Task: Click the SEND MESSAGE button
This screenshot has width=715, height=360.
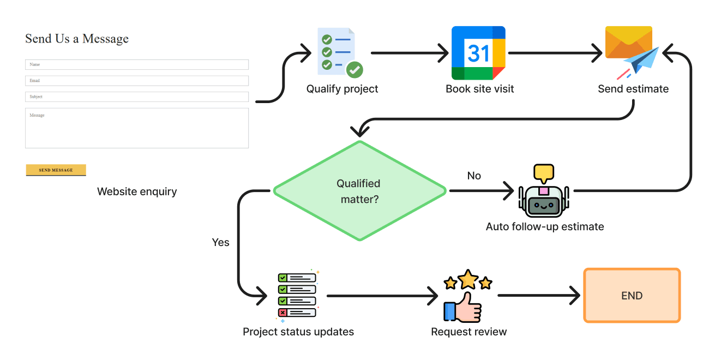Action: (x=56, y=170)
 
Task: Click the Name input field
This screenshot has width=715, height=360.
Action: (x=136, y=64)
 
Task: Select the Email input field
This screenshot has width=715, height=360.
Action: (x=136, y=80)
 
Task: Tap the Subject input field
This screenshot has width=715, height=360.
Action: (x=136, y=97)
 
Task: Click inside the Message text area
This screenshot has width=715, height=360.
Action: (x=136, y=128)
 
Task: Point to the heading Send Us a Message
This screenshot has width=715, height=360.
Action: (x=77, y=39)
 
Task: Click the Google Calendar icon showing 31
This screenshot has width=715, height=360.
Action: (x=478, y=53)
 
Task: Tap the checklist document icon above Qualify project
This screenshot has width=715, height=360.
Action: (x=340, y=53)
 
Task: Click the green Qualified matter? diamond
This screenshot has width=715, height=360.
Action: (x=360, y=191)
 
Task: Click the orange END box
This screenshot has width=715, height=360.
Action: (x=632, y=296)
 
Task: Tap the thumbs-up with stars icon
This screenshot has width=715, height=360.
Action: (x=468, y=296)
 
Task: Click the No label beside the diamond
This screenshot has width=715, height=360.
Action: (x=474, y=176)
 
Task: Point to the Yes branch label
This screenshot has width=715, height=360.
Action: (x=220, y=242)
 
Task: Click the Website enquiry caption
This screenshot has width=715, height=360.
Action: (x=137, y=191)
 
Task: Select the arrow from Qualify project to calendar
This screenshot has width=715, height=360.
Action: (x=410, y=53)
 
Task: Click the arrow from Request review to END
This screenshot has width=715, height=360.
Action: (x=539, y=296)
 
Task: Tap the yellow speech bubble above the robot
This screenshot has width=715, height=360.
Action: (x=544, y=173)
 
